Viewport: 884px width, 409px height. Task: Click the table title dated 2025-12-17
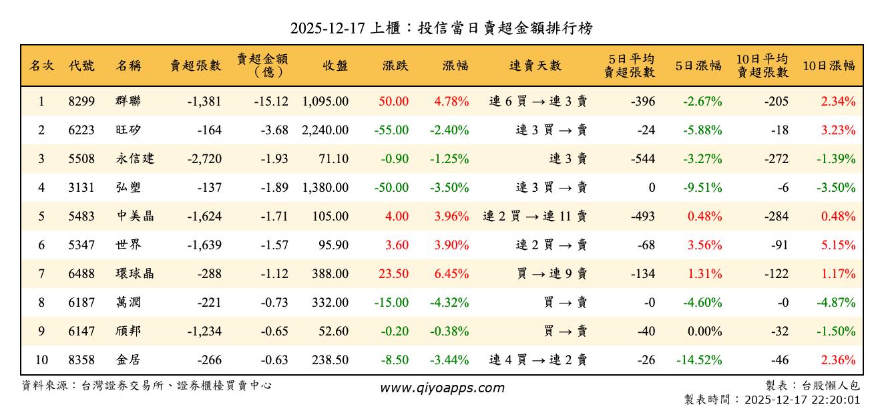441,28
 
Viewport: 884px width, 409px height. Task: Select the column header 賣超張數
195,65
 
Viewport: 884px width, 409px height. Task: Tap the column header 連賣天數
535,65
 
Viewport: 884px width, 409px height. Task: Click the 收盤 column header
335,65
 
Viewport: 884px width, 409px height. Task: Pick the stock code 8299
81,102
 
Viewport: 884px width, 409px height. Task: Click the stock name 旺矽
128,130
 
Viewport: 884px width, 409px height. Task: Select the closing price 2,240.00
325,130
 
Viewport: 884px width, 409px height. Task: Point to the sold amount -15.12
271,102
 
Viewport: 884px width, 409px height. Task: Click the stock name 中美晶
135,217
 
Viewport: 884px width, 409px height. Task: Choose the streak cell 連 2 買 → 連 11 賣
535,217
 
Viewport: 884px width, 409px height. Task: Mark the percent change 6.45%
451,274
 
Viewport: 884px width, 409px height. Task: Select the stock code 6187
81,303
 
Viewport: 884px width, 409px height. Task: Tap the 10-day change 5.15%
838,245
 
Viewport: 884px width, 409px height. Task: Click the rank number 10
41,360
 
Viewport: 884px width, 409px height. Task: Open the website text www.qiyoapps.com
442,388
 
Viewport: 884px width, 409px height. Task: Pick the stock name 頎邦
128,331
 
